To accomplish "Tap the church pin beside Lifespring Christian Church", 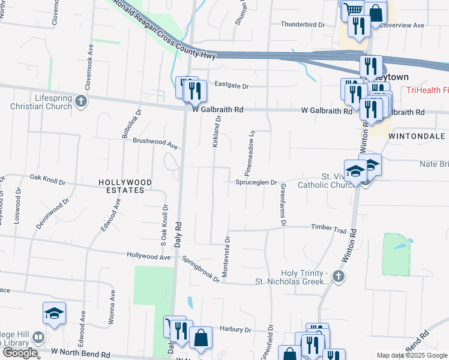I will pyautogui.click(x=82, y=102).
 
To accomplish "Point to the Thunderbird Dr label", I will pyautogui.click(x=303, y=25).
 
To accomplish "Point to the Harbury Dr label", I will pyautogui.click(x=235, y=329).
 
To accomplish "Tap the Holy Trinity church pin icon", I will pyautogui.click(x=339, y=276).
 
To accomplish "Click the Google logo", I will pyautogui.click(x=19, y=353).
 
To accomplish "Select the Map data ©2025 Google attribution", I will pyautogui.click(x=411, y=355).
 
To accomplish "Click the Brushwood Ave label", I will pyautogui.click(x=155, y=144).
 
